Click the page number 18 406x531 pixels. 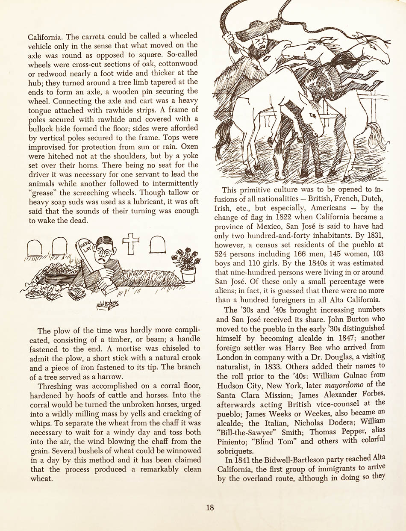click(x=209, y=508)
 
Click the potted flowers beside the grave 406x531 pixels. click(x=186, y=263)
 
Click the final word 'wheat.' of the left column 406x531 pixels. click(x=40, y=479)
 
